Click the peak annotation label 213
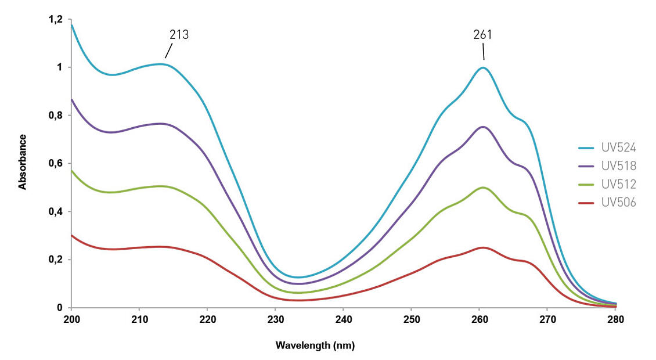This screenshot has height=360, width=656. pos(179,35)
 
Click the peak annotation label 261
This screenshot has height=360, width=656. pos(482,35)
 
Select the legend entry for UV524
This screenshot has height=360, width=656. pos(619,148)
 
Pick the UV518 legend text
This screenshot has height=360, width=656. pos(619,166)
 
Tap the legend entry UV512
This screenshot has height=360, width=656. pos(619,185)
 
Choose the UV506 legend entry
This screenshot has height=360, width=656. pos(619,203)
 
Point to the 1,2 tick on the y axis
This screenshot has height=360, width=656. pos(55,20)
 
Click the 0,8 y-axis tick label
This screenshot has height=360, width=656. pos(55,116)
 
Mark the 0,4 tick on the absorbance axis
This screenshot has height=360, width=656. pos(55,211)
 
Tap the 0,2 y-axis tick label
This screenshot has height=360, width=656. pos(55,260)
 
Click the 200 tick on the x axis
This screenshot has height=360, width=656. pos(71,319)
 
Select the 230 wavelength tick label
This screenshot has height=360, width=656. pos(275,319)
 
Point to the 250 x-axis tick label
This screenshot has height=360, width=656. pos(411,319)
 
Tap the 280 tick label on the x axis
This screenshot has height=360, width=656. pos(615,319)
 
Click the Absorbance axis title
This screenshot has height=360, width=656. pos(23,162)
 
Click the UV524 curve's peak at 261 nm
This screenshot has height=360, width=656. pos(482,67)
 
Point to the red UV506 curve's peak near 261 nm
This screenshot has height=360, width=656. pos(482,247)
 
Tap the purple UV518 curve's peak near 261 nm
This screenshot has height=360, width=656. pos(482,127)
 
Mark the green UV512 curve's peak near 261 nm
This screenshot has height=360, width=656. pos(482,187)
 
